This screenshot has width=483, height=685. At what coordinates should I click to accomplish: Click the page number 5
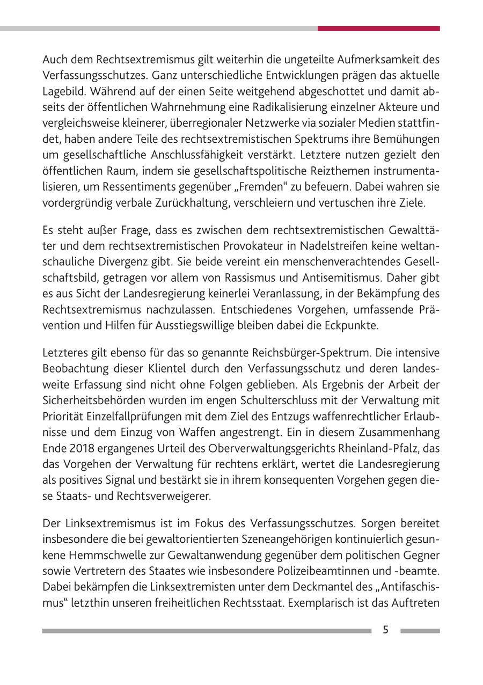[x=385, y=630]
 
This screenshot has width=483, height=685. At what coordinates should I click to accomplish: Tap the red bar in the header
[x=378, y=28]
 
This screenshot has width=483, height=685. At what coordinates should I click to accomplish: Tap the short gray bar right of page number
[x=420, y=631]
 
